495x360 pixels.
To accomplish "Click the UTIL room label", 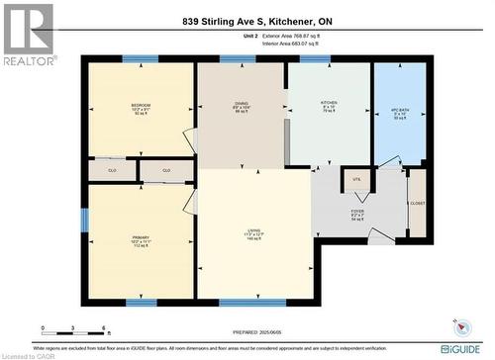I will point(356,179).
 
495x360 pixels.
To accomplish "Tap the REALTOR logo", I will point(28,35).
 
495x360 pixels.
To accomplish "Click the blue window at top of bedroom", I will point(140,60).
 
